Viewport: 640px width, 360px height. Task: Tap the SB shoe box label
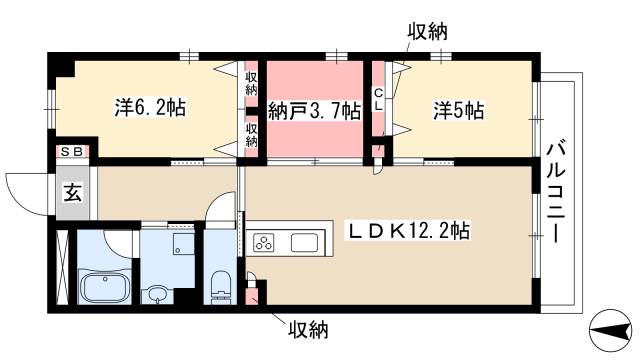tap(72, 151)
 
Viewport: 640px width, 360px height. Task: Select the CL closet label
tap(379, 99)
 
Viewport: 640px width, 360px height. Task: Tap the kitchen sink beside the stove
tap(303, 242)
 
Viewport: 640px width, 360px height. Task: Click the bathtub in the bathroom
tap(104, 288)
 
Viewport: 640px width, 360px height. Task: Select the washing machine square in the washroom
tap(182, 246)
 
